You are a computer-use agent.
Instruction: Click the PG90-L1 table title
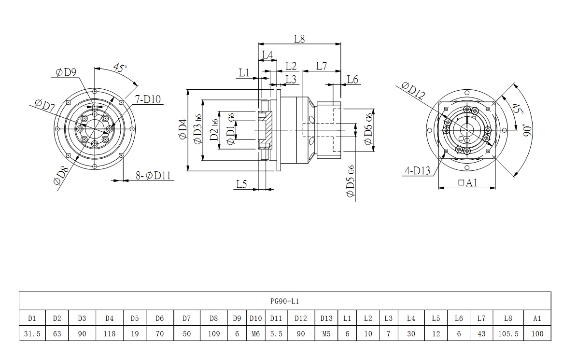pyautogui.click(x=284, y=301)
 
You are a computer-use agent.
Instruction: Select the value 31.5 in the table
pyautogui.click(x=32, y=333)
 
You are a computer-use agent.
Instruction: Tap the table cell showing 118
pyautogui.click(x=110, y=333)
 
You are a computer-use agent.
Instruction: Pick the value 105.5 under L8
pyautogui.click(x=507, y=333)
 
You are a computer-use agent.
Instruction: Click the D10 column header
pyautogui.click(x=255, y=318)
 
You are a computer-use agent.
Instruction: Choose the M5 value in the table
pyautogui.click(x=326, y=333)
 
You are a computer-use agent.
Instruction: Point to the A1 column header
pyautogui.click(x=537, y=318)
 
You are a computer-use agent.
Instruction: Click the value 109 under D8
pyautogui.click(x=213, y=333)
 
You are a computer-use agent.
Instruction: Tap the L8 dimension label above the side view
pyautogui.click(x=299, y=39)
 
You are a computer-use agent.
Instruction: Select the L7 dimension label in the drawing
pyautogui.click(x=322, y=66)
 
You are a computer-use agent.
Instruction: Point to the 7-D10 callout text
pyautogui.click(x=148, y=100)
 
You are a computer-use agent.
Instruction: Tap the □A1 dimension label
pyautogui.click(x=467, y=182)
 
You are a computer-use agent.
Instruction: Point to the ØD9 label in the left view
pyautogui.click(x=66, y=72)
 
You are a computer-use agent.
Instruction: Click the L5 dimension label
pyautogui.click(x=241, y=183)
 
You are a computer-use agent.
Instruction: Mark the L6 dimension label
pyautogui.click(x=352, y=80)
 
